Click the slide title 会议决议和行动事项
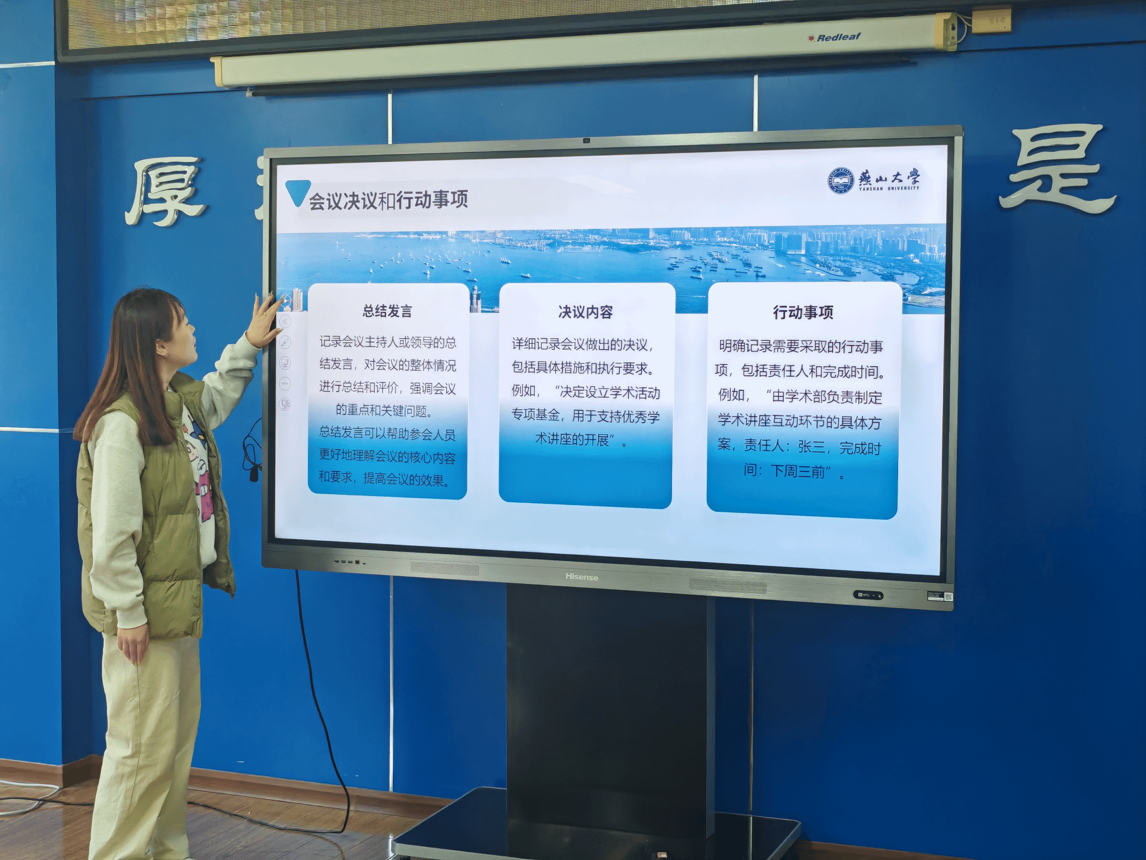[388, 200]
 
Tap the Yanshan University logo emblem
[841, 180]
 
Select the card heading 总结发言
[387, 311]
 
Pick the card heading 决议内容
[585, 312]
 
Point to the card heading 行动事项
[803, 312]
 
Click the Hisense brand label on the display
[581, 577]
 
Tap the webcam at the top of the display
[586, 141]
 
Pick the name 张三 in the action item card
[811, 446]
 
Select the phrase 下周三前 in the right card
[798, 471]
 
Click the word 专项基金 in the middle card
[536, 415]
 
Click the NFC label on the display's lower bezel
[867, 595]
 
